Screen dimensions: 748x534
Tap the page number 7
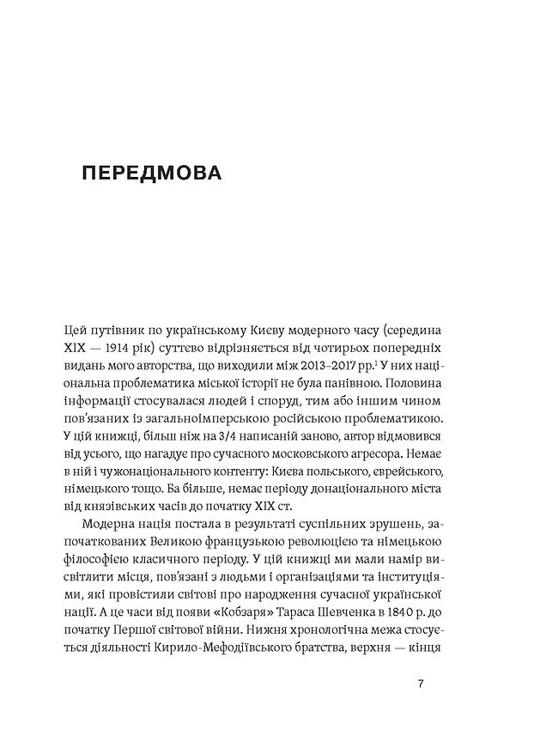click(x=420, y=684)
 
